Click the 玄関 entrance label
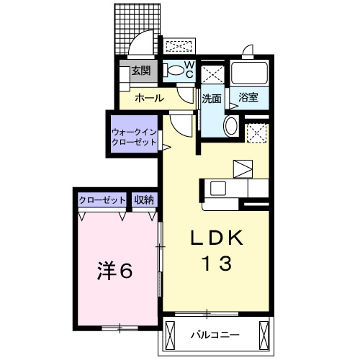[140, 71]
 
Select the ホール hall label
[148, 98]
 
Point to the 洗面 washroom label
[211, 99]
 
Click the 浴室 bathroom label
[249, 98]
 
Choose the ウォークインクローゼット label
[134, 136]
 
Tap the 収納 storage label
[144, 200]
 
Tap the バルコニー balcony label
[216, 335]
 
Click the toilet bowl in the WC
[174, 70]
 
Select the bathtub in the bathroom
[249, 74]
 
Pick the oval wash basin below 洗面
[231, 126]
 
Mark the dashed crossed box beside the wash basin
[256, 132]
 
